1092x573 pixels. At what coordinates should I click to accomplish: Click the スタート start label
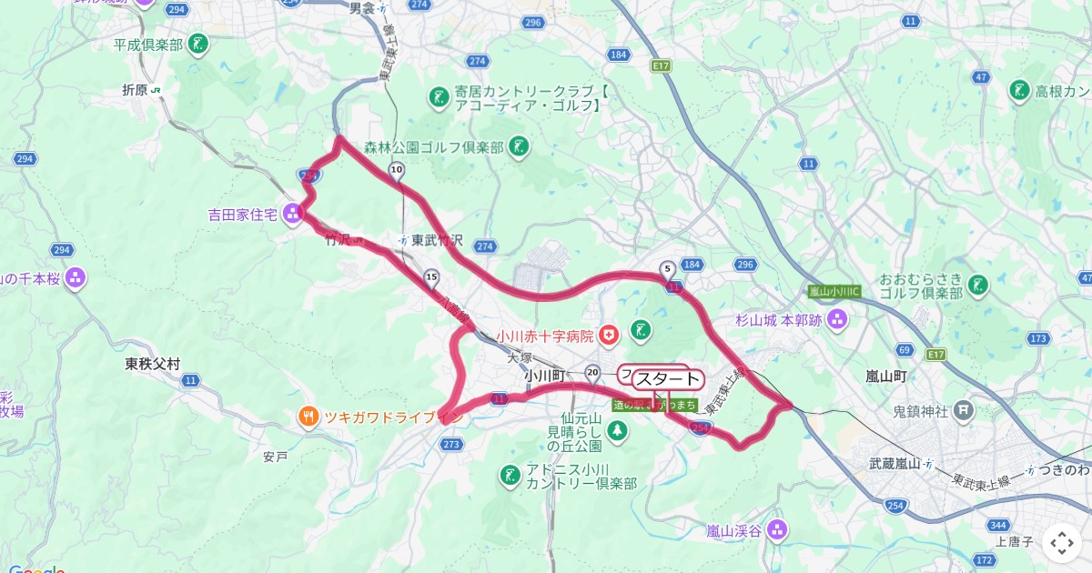(x=669, y=379)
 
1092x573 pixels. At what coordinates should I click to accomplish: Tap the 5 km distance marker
(x=668, y=268)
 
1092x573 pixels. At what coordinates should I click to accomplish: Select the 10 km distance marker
(x=396, y=169)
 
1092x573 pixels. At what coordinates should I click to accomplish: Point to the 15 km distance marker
(x=431, y=276)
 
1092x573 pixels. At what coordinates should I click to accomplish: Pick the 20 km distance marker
(x=593, y=371)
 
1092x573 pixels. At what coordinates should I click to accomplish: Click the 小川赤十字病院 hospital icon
(x=609, y=335)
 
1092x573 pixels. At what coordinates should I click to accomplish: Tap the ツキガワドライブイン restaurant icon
(x=309, y=417)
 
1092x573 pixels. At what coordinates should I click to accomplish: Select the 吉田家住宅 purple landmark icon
(x=293, y=215)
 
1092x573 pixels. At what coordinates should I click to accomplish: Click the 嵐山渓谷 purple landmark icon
(x=775, y=529)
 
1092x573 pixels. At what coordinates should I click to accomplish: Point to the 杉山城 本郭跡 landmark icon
(x=838, y=319)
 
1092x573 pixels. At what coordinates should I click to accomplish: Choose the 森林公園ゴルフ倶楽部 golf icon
(x=519, y=147)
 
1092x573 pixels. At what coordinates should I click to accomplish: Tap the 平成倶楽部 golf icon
(x=199, y=44)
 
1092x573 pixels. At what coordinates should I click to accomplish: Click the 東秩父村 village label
(x=153, y=364)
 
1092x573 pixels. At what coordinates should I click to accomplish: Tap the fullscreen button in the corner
(x=1062, y=544)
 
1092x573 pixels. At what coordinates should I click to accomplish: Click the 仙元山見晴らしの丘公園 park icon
(x=617, y=430)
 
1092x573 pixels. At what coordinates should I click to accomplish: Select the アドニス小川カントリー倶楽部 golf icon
(x=510, y=474)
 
